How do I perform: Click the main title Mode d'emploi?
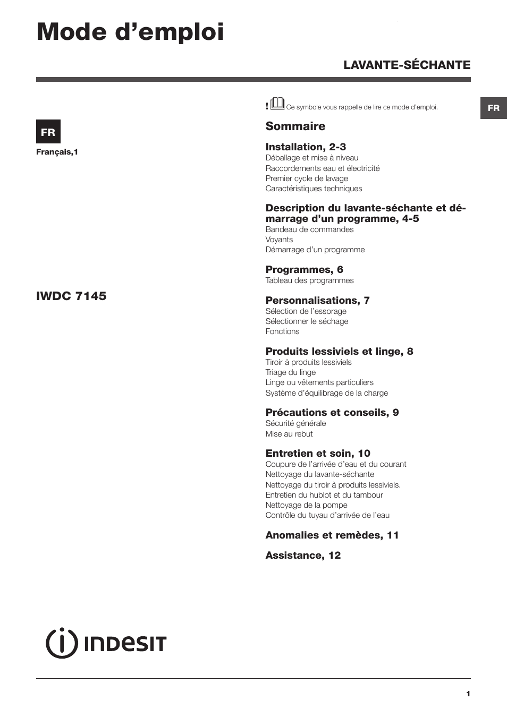pos(130,32)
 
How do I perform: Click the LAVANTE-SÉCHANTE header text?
pos(407,65)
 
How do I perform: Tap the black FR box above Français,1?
pos(48,132)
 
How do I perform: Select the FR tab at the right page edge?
pos(493,108)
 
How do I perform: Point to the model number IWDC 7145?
pos(71,296)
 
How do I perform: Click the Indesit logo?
pos(106,643)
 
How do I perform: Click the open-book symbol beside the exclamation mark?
pos(277,104)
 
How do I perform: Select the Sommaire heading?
pos(295,126)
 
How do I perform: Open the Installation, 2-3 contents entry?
pos(306,147)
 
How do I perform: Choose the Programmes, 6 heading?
pos(304,269)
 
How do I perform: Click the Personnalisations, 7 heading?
pos(317,300)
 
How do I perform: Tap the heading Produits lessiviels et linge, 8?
pos(339,351)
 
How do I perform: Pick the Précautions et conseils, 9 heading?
pos(332,412)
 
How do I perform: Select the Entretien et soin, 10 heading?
pos(318,453)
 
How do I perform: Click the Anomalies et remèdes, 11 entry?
pos(332,535)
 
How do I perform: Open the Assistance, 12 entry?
pos(303,555)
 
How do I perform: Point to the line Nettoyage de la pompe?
pos(306,505)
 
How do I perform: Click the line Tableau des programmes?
pos(309,280)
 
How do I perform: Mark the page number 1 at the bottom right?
pos(468,694)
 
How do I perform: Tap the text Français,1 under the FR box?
pos(57,152)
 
